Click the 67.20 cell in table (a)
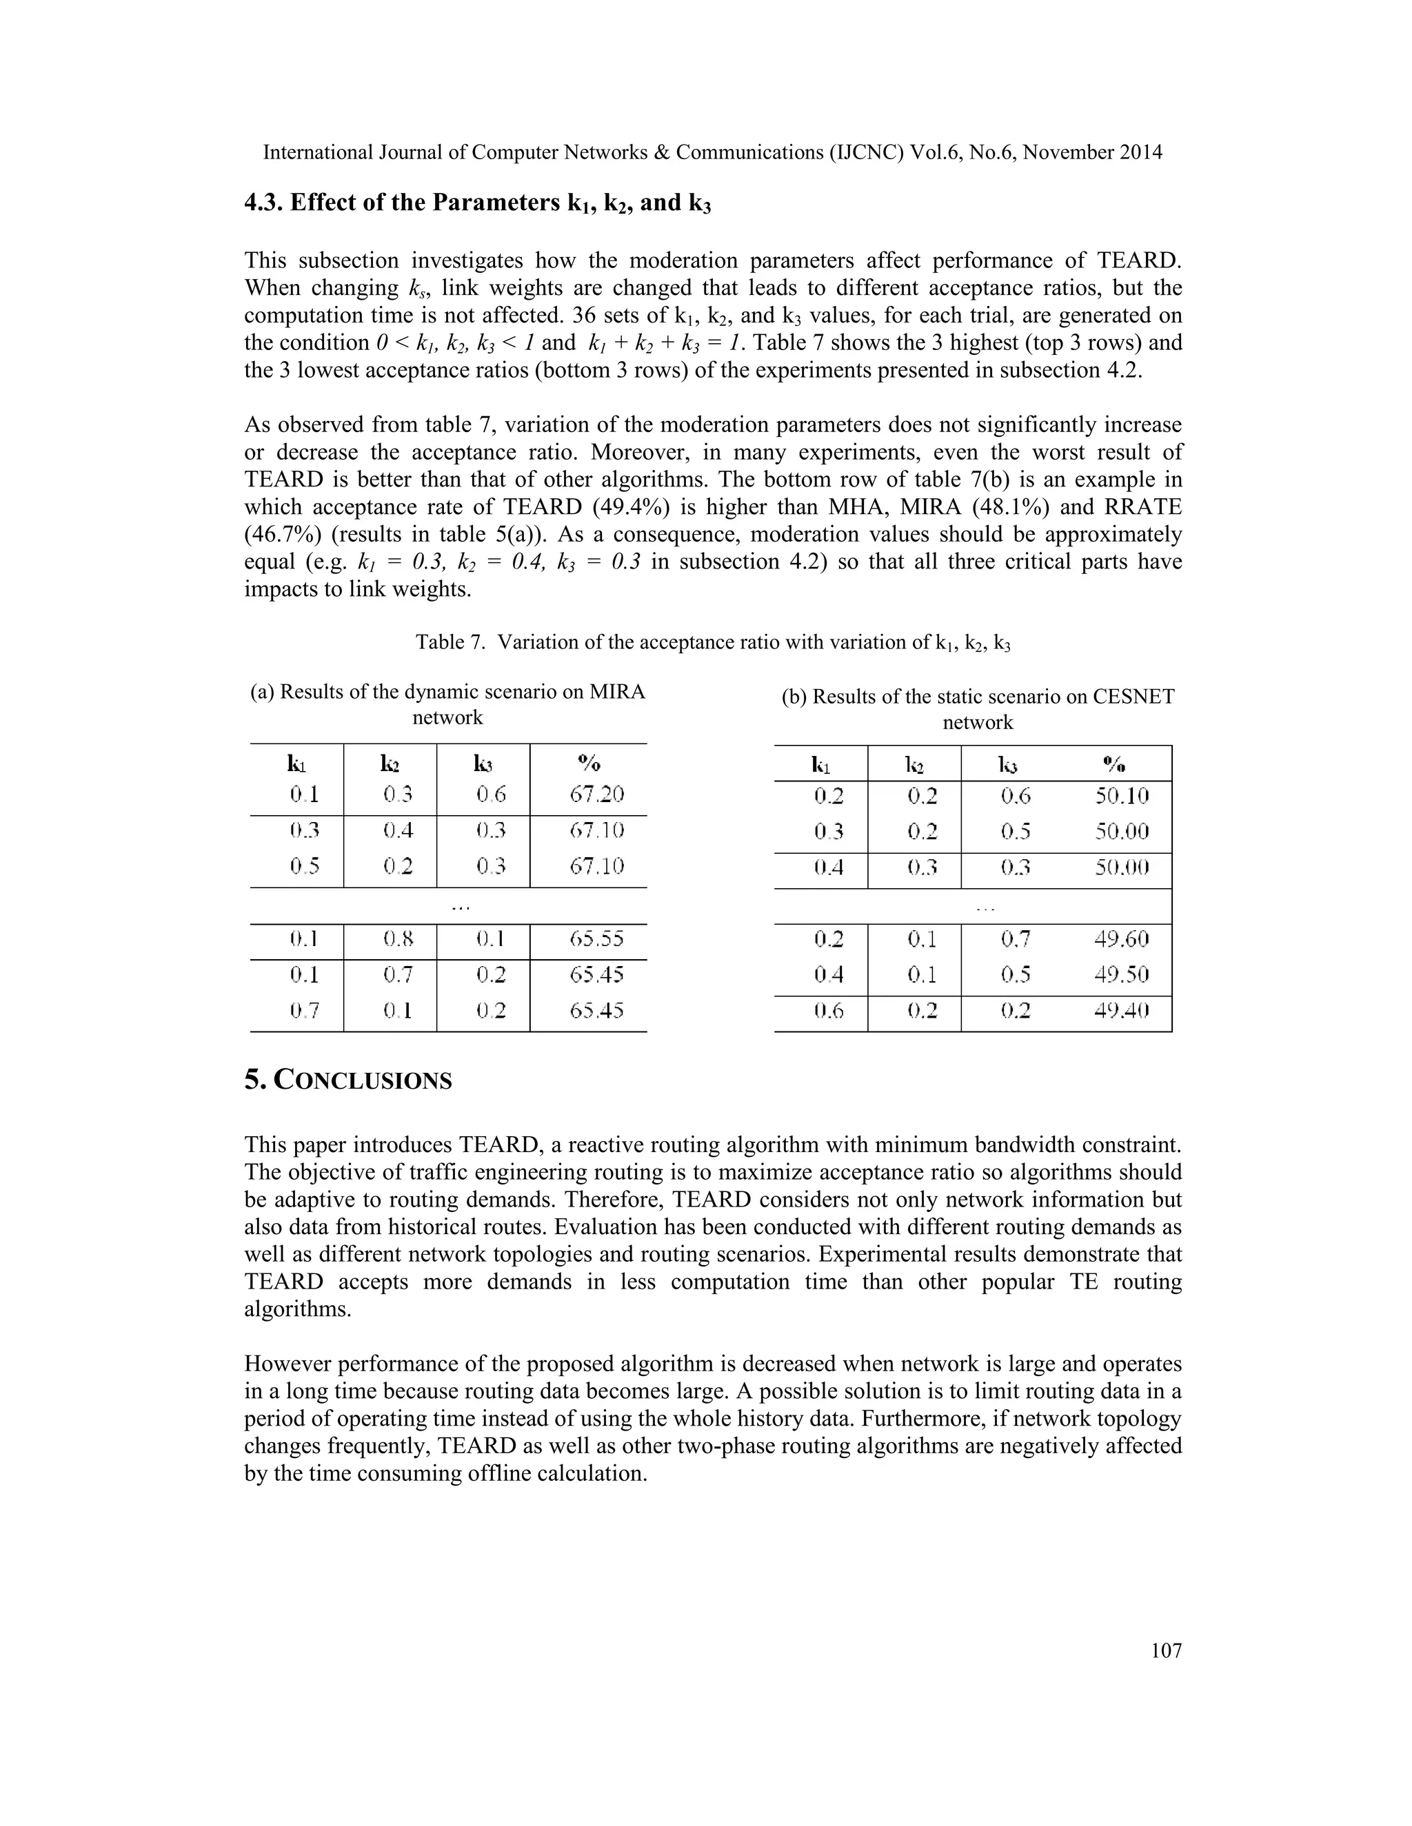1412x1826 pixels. pos(596,794)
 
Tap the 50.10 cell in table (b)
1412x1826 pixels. pos(1122,796)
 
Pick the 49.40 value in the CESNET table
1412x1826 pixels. pos(1122,1011)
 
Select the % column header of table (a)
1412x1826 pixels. pos(589,763)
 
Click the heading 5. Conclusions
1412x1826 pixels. pos(348,1080)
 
